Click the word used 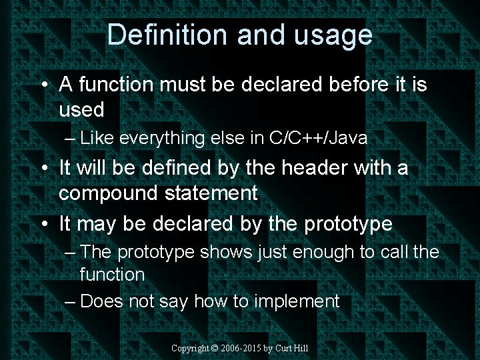(81, 108)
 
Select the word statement (215, 193)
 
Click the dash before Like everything (71, 139)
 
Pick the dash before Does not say (71, 302)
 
